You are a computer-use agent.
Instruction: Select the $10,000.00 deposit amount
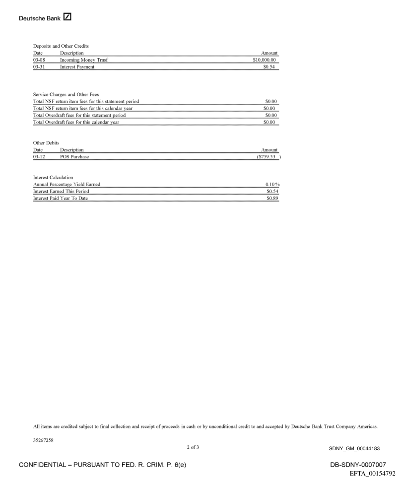[x=265, y=60]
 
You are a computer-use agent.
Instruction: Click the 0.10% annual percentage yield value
[x=271, y=185]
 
